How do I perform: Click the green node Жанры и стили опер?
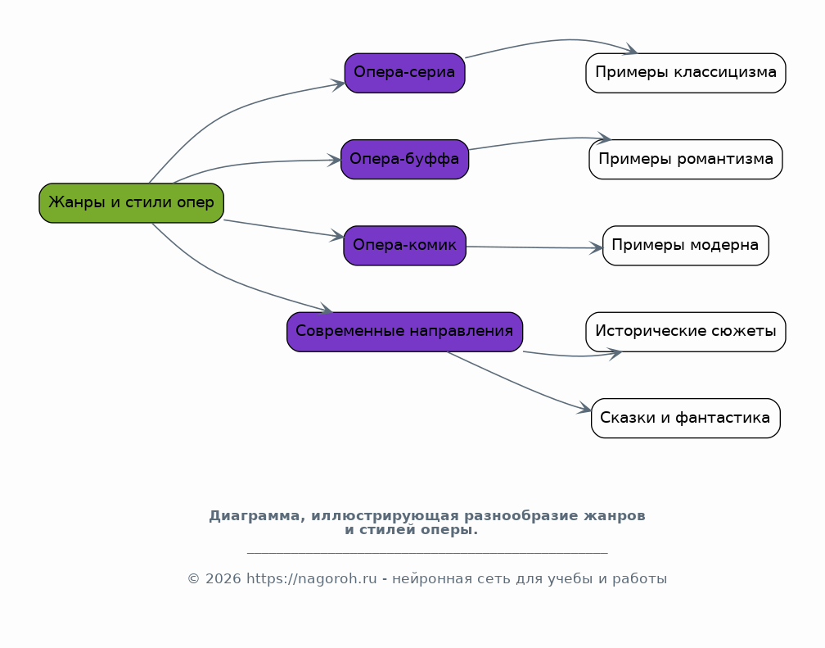132,203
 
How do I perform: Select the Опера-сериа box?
404,73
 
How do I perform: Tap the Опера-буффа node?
404,159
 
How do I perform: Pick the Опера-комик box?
404,246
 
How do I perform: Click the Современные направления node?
404,332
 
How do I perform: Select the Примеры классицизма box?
686,73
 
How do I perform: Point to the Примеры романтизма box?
686,159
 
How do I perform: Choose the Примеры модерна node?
686,246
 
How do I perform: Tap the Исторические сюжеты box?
686,332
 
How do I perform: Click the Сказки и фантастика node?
686,419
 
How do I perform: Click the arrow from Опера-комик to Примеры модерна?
534,247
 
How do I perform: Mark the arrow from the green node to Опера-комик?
284,229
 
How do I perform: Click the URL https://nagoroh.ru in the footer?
312,579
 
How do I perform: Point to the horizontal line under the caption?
427,553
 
